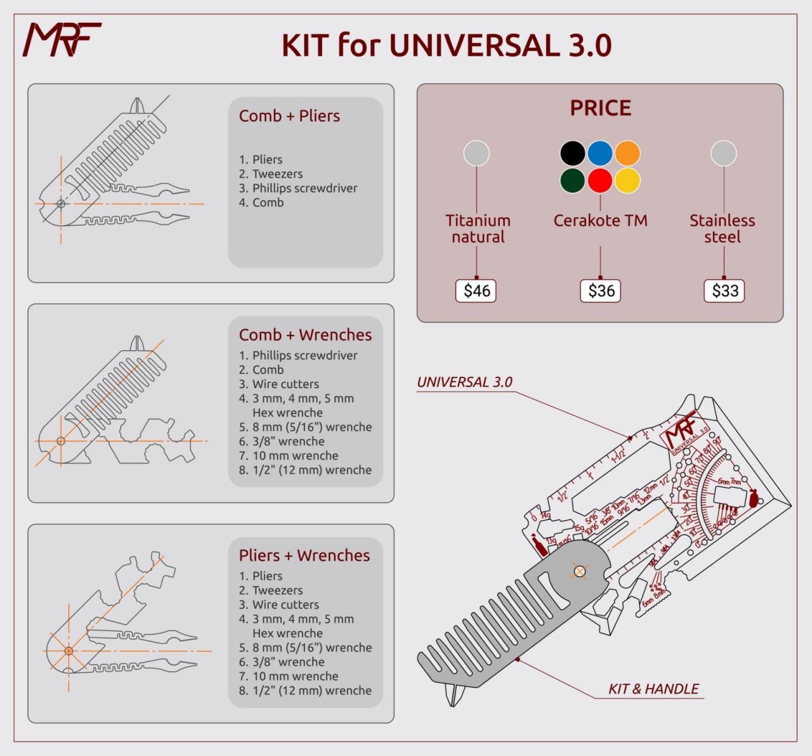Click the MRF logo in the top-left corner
[62, 39]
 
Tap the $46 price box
[476, 291]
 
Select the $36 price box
[601, 291]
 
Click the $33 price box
[724, 291]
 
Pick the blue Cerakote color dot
[599, 153]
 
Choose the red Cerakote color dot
[599, 181]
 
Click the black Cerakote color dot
[572, 153]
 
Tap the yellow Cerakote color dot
[627, 181]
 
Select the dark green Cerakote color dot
[572, 181]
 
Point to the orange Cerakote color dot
[627, 153]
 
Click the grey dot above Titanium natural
[476, 153]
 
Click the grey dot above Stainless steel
[723, 153]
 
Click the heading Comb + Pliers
[289, 116]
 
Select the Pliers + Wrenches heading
[304, 556]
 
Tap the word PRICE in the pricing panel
[600, 108]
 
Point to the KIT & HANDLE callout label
[653, 689]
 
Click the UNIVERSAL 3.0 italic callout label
[464, 382]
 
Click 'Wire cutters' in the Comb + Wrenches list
[285, 384]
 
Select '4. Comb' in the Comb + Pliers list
[261, 203]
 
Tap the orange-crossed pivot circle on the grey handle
[579, 571]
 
